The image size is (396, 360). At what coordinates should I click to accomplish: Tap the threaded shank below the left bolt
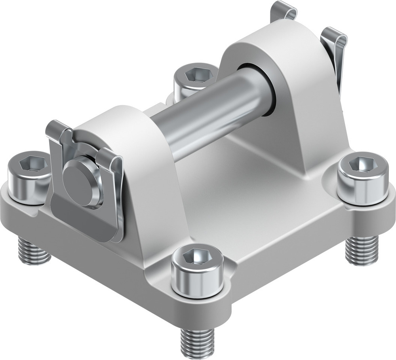33,251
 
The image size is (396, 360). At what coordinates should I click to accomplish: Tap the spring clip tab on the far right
335,47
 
